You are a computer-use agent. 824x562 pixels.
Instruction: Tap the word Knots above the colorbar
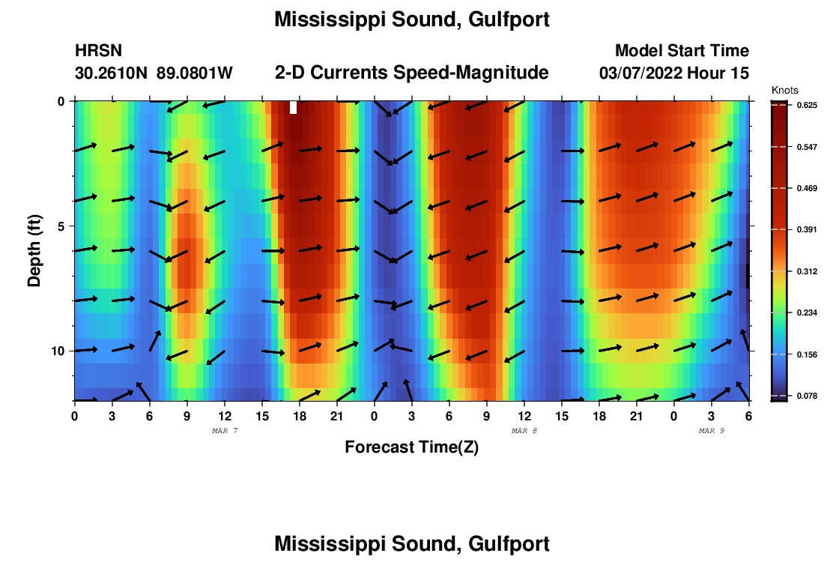(x=784, y=90)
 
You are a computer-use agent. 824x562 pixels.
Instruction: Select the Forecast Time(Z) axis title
(x=411, y=447)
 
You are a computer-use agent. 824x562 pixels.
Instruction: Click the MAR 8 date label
(x=524, y=431)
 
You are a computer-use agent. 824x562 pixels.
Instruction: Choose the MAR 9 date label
(x=712, y=431)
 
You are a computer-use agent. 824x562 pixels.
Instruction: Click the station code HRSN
(x=98, y=51)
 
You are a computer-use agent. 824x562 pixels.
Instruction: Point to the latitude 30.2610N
(x=111, y=73)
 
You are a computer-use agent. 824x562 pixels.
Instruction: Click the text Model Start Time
(x=682, y=51)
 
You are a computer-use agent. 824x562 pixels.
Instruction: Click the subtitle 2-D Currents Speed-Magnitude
(x=412, y=73)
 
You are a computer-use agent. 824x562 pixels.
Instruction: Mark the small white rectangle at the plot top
(x=293, y=107)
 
